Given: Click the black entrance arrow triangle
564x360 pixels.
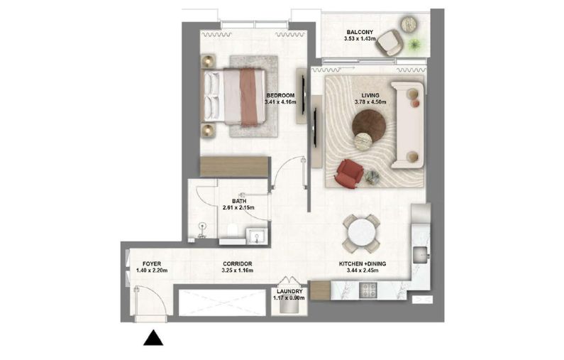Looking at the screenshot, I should [153, 339].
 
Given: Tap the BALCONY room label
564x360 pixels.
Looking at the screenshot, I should [360, 33].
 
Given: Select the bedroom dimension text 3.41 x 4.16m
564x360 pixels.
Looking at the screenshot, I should [280, 102].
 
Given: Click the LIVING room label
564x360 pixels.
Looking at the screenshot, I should [370, 94].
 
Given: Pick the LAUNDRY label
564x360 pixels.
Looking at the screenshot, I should [289, 291].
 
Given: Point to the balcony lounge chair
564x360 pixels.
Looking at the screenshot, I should [389, 44].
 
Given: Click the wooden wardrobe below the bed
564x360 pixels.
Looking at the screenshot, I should [235, 167].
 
